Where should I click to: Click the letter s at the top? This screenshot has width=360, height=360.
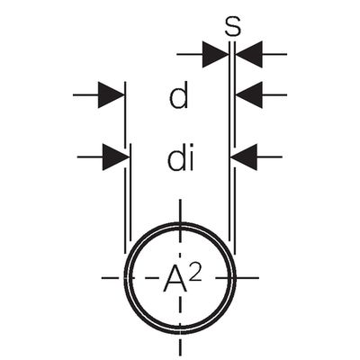tap(232, 27)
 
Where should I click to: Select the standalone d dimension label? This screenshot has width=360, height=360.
tap(179, 95)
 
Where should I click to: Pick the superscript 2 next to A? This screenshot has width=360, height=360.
tap(195, 273)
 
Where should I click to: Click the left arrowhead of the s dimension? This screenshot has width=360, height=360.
tap(215, 54)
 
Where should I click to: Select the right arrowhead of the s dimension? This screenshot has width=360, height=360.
tap(248, 54)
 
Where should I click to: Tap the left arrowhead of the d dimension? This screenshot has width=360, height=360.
tap(111, 94)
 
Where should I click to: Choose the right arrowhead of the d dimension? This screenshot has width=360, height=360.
tap(248, 94)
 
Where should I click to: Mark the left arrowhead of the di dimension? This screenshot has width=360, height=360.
tap(116, 157)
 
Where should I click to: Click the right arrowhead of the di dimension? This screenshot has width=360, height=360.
tap(244, 157)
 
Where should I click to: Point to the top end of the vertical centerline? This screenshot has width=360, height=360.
tap(180, 199)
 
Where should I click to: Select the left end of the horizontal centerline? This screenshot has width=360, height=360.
tap(102, 278)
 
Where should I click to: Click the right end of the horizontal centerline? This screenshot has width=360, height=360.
tap(258, 278)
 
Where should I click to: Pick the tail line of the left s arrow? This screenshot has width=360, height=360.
tap(190, 54)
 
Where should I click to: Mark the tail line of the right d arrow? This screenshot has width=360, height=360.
tap(274, 94)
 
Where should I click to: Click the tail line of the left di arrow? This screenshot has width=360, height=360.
tap(90, 157)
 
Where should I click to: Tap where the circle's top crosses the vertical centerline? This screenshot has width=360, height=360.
tap(180, 225)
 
